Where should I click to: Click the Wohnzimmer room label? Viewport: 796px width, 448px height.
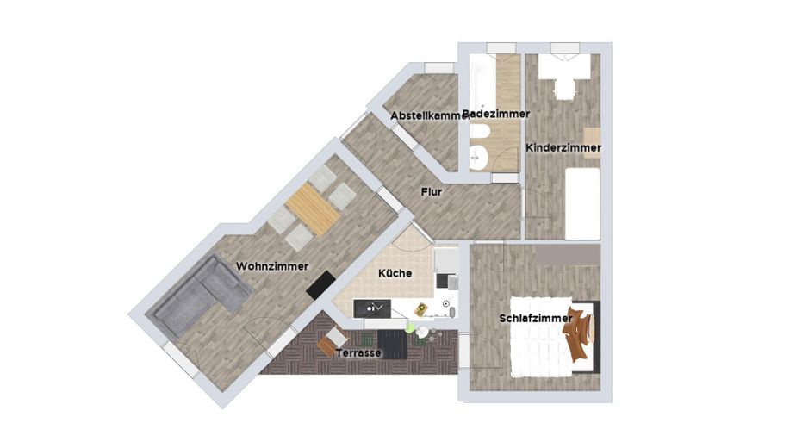click(x=271, y=266)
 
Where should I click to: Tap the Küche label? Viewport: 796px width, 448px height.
click(x=395, y=272)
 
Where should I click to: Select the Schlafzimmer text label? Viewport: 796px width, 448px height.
click(x=535, y=319)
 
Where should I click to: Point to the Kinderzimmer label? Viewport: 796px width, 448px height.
click(x=563, y=148)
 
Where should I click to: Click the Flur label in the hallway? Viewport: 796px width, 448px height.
click(x=432, y=192)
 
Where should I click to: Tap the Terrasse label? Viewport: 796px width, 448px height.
click(x=359, y=353)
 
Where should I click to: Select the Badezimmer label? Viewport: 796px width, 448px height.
click(x=496, y=114)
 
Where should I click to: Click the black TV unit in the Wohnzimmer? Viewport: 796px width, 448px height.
click(x=320, y=285)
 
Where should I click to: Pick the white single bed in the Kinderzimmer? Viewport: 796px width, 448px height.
click(x=582, y=202)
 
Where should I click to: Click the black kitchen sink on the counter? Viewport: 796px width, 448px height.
click(x=376, y=308)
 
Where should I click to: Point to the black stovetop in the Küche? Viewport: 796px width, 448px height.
click(x=448, y=280)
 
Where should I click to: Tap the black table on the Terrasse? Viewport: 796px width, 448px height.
click(x=393, y=344)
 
